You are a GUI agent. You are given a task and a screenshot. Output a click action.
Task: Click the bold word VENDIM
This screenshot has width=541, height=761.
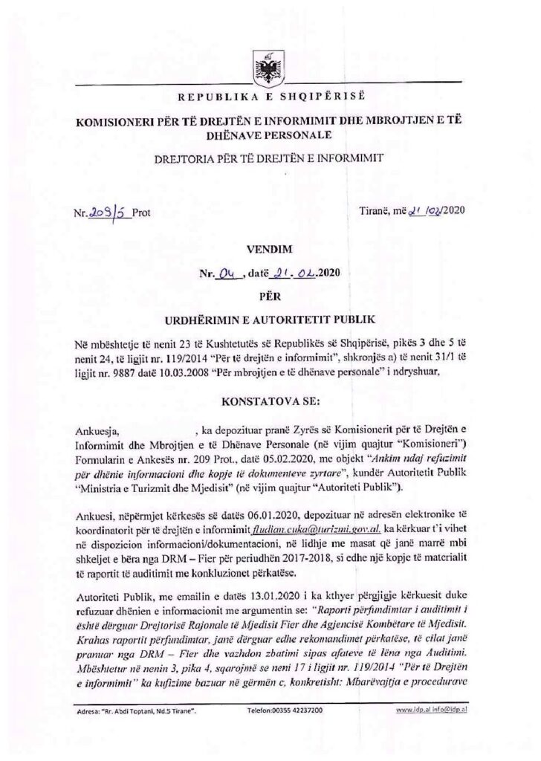pyautogui.click(x=270, y=251)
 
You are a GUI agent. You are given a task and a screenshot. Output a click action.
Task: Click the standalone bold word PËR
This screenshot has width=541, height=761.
pyautogui.click(x=270, y=297)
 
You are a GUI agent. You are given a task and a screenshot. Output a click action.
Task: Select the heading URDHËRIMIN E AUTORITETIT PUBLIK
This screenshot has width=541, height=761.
pyautogui.click(x=270, y=320)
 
